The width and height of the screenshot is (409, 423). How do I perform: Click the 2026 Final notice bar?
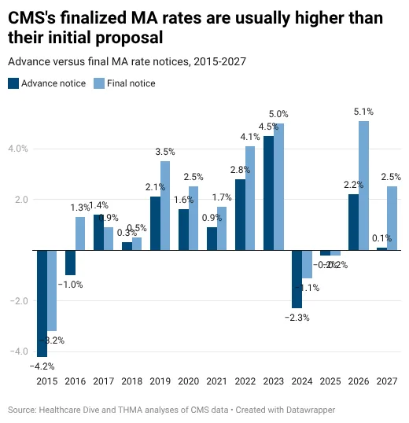point(363,186)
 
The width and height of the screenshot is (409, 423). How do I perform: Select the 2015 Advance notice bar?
point(42,303)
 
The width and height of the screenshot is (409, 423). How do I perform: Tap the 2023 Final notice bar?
point(278,186)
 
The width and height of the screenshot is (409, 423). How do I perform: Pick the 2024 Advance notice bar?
point(297,279)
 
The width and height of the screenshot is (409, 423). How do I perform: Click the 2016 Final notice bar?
point(79,234)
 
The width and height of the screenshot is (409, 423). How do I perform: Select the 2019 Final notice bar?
point(165,205)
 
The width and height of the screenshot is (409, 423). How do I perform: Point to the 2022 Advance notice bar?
point(240,215)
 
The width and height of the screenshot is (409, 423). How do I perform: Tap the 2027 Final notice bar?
point(392,218)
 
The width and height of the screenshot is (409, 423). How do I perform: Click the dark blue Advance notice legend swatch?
point(13,83)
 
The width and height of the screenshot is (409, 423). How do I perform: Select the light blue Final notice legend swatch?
point(98,83)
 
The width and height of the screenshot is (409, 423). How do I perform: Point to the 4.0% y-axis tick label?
point(18,149)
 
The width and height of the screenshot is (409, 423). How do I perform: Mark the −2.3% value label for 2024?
point(297,318)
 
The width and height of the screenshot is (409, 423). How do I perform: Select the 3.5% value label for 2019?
point(165,152)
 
